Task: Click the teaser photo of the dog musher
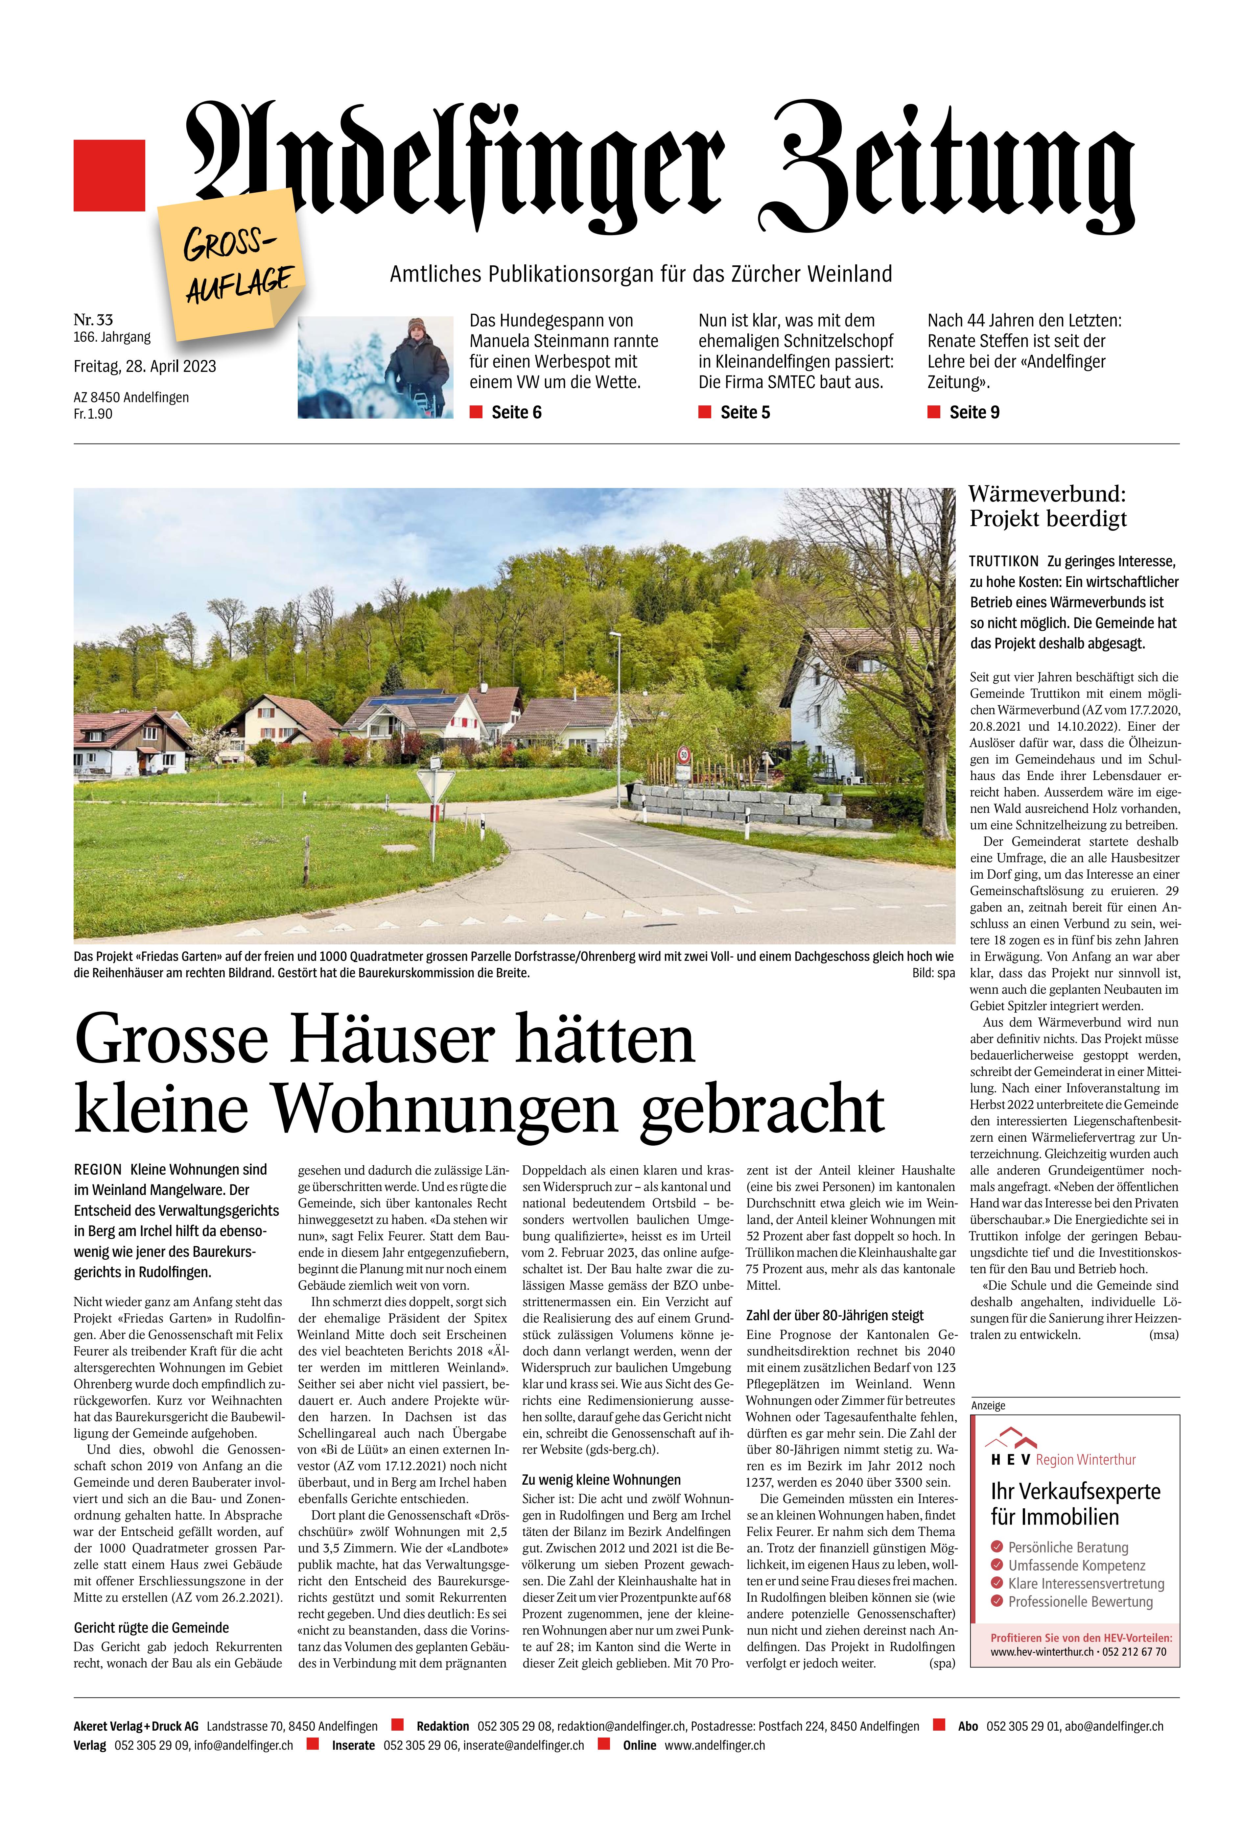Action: pyautogui.click(x=375, y=367)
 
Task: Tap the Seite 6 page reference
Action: pyautogui.click(x=516, y=412)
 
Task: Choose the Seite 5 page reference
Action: pyautogui.click(x=745, y=412)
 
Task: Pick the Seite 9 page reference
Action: pyautogui.click(x=974, y=412)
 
